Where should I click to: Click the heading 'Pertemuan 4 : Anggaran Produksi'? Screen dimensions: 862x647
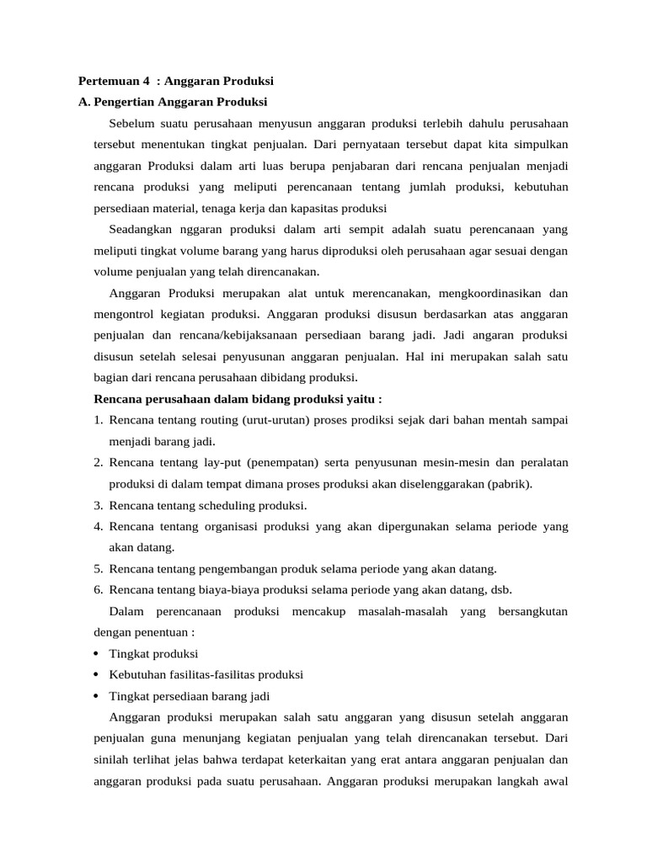(x=176, y=81)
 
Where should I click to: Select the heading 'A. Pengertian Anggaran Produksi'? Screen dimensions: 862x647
(x=172, y=102)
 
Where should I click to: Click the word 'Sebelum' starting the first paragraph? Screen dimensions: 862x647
(x=131, y=124)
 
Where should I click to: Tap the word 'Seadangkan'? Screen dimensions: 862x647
(x=140, y=229)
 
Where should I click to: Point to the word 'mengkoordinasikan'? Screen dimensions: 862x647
(x=491, y=293)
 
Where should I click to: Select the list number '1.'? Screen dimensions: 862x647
(x=98, y=419)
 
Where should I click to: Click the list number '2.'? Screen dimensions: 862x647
(x=98, y=462)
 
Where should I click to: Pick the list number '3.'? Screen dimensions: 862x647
(x=98, y=505)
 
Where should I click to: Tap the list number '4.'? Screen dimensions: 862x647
(x=98, y=526)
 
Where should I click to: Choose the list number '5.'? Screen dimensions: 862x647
(x=98, y=568)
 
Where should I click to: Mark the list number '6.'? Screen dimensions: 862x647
(x=98, y=589)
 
